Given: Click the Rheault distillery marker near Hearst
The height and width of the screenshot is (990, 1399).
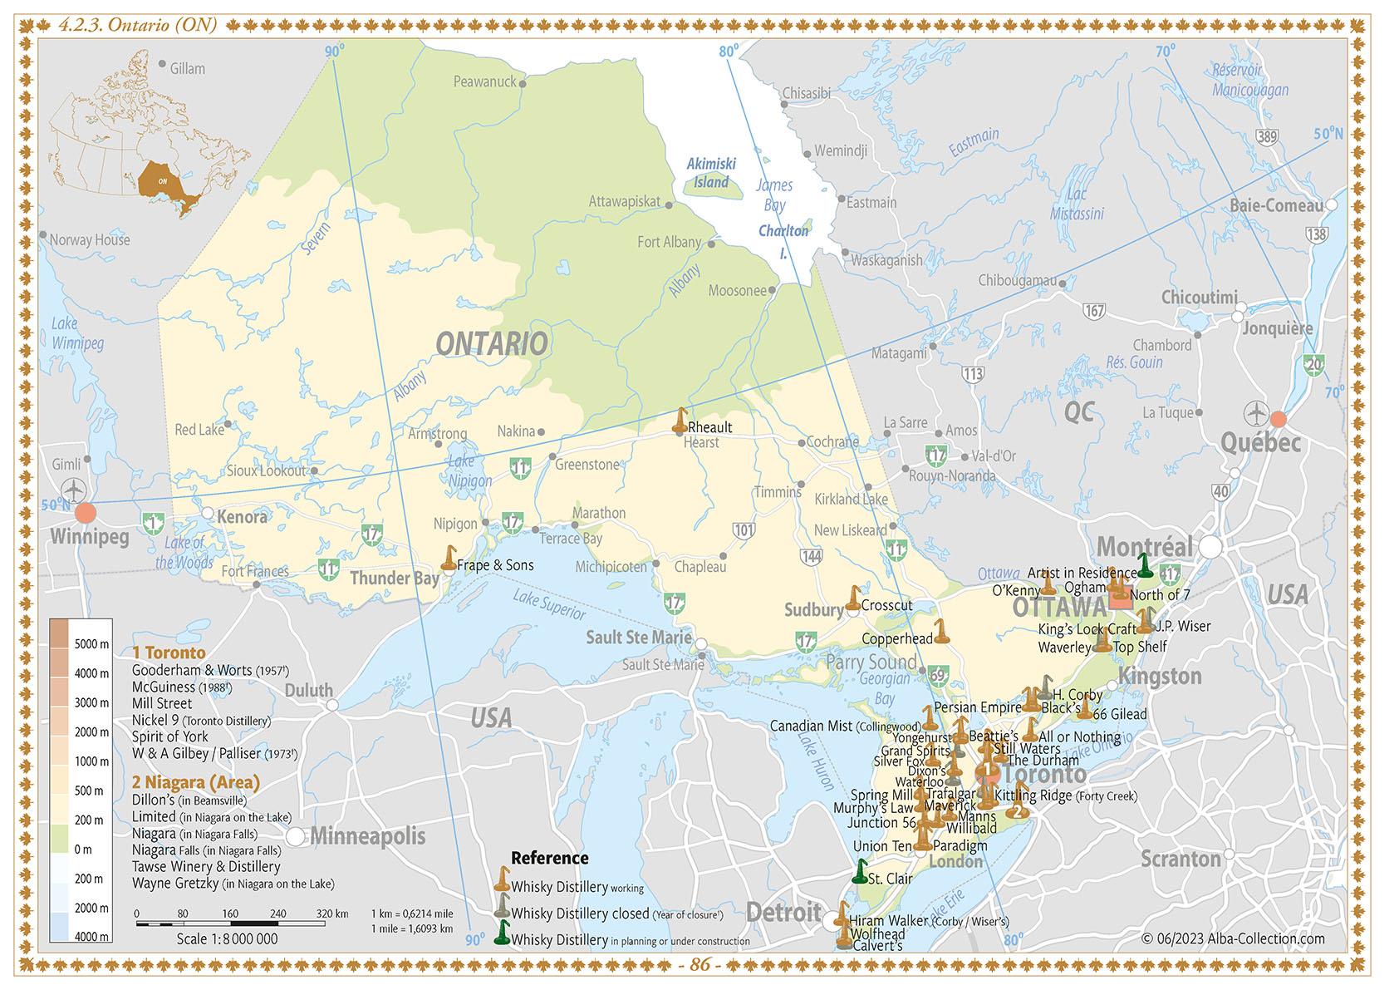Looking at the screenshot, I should pyautogui.click(x=680, y=421).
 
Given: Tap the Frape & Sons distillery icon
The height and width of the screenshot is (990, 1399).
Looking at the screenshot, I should pyautogui.click(x=449, y=559).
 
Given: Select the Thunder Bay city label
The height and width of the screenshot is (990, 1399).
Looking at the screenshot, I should pyautogui.click(x=394, y=578).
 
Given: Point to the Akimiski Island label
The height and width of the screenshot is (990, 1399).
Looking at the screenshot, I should pyautogui.click(x=711, y=174).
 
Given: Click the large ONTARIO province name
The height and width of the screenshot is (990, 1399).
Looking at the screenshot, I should pyautogui.click(x=491, y=343).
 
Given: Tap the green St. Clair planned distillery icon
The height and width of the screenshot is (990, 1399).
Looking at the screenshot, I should pyautogui.click(x=861, y=871).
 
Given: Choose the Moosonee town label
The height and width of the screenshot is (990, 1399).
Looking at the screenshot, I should pyautogui.click(x=737, y=291).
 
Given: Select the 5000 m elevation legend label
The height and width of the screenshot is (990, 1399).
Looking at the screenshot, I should pyautogui.click(x=92, y=644).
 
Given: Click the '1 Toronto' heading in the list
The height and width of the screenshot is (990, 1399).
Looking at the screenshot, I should pyautogui.click(x=169, y=653).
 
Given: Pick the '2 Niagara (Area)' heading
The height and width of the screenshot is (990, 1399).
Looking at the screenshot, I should pyautogui.click(x=196, y=782).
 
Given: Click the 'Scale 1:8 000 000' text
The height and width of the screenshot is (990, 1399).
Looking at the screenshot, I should pyautogui.click(x=227, y=939).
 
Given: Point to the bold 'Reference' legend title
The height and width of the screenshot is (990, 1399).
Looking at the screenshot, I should pyautogui.click(x=549, y=858).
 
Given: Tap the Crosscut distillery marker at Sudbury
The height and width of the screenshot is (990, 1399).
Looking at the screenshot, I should pyautogui.click(x=853, y=598).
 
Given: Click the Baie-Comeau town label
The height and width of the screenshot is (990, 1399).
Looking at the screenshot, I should pyautogui.click(x=1276, y=205).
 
